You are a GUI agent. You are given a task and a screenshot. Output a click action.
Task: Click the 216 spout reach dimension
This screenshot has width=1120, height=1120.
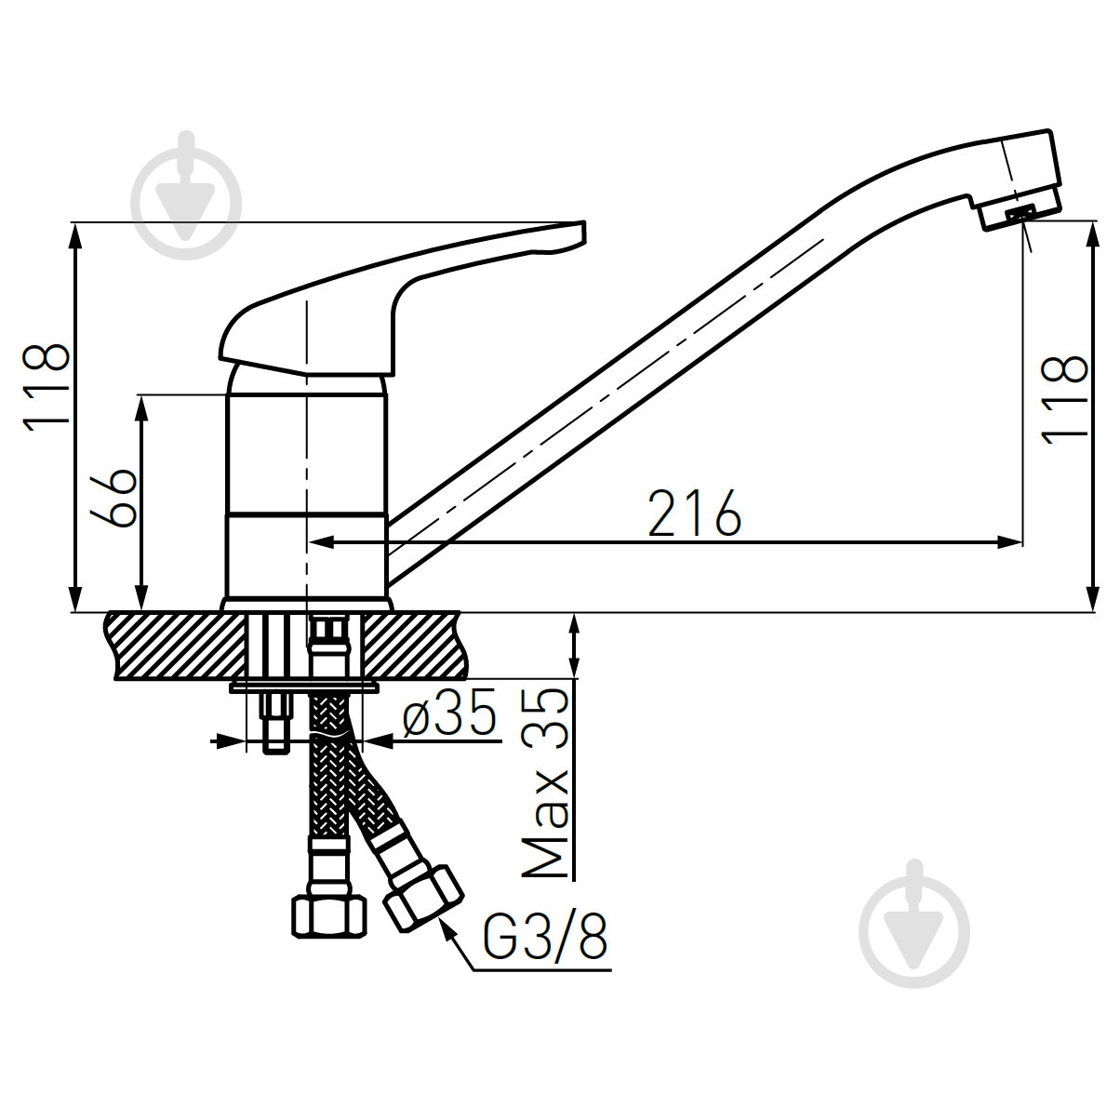(x=694, y=513)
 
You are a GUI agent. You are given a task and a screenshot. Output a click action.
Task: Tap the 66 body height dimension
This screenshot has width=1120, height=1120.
(x=115, y=499)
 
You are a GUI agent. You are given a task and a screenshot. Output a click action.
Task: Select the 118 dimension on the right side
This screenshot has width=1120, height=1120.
(x=1066, y=400)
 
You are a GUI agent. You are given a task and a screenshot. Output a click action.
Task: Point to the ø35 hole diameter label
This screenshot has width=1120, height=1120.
(x=449, y=716)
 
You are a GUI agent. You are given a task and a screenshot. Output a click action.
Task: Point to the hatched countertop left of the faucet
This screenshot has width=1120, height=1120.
(x=177, y=645)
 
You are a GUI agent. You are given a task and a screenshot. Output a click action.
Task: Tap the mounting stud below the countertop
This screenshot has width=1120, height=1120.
(x=274, y=726)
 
